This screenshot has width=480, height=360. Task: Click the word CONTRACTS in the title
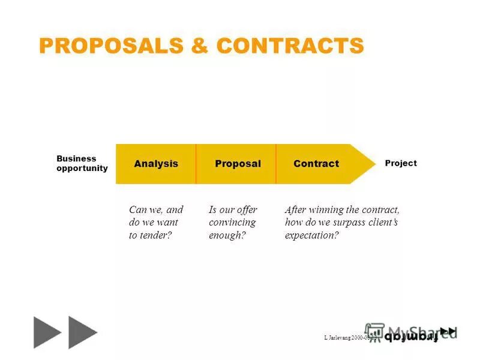pos(290,46)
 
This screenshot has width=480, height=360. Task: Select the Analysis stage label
pos(156,164)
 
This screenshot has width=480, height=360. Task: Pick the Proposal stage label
pos(238,164)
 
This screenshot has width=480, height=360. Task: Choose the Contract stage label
pos(316,164)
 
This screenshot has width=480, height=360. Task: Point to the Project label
pos(401,163)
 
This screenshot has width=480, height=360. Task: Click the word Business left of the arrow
pos(76,159)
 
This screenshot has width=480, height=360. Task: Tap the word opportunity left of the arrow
pos(82,169)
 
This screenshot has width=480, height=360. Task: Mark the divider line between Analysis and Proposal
pos(196,164)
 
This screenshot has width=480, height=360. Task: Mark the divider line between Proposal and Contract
pos(276,164)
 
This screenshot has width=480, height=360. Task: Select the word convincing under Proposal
pos(232,223)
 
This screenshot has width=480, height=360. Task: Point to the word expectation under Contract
pos(310,235)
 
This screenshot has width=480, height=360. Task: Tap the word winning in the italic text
pos(325,210)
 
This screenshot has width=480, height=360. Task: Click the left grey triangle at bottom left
pos(47,332)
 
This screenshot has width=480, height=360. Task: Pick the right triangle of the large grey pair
pos(82,332)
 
